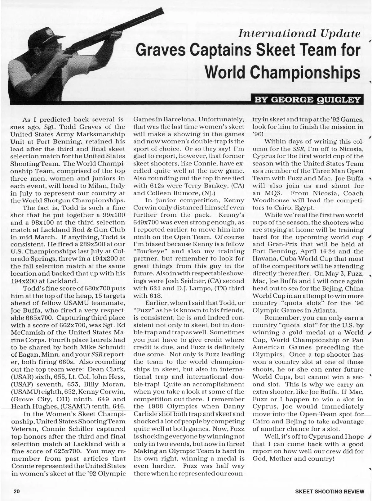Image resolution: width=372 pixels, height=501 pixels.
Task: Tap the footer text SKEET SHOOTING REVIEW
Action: (x=329, y=492)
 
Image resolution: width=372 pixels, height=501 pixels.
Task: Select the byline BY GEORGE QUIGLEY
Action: (x=308, y=100)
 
